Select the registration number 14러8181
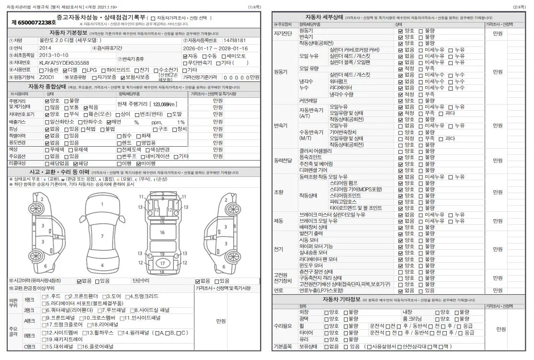pyautogui.click(x=235, y=41)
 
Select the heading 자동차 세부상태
pyautogui.click(x=324, y=17)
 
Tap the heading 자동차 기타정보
pyautogui.click(x=341, y=300)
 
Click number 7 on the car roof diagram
pyautogui.click(x=102, y=236)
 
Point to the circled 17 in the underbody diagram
pyautogui.click(x=162, y=263)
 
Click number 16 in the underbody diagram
pyautogui.click(x=162, y=232)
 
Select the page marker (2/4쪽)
pyautogui.click(x=519, y=7)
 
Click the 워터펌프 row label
pyautogui.click(x=341, y=81)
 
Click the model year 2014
pyautogui.click(x=45, y=48)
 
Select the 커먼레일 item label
pyautogui.click(x=309, y=101)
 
